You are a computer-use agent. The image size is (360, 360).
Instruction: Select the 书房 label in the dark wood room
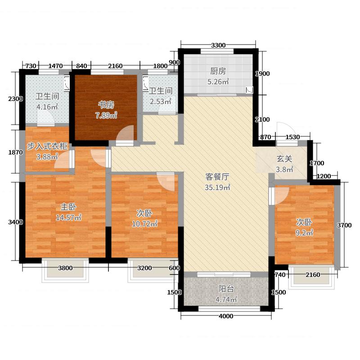coord(106,105)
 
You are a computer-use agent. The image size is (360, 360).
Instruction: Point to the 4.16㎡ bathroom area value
coord(47,107)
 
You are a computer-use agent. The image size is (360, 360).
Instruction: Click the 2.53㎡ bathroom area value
coord(161,101)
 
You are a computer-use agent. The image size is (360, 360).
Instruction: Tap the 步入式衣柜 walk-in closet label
coord(47,146)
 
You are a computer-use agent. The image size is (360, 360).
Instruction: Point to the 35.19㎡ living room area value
coord(218,188)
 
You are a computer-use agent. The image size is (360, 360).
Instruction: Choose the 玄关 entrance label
coord(283,159)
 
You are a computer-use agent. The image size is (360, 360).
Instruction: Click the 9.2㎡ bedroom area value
coord(305,233)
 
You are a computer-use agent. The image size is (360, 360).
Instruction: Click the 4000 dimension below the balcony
coord(226,316)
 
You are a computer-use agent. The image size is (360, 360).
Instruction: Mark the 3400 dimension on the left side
coord(15,222)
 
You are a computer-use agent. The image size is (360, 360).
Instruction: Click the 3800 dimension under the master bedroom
coord(65,269)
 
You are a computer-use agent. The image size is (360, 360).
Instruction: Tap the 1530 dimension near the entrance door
coord(293,137)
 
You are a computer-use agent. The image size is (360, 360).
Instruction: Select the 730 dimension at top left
coord(31,66)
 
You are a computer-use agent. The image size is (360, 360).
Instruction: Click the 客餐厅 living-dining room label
coord(218,176)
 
